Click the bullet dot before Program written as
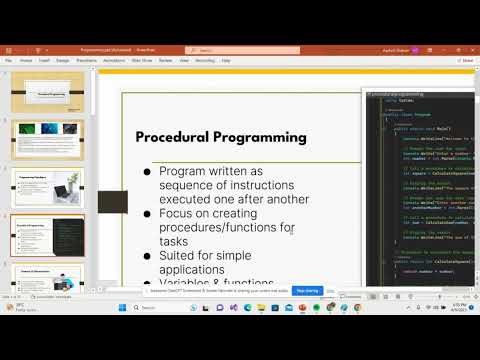click(148, 172)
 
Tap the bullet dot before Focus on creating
click(148, 214)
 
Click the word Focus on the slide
click(178, 214)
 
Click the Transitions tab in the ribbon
click(87, 59)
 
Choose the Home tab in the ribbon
click(26, 59)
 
